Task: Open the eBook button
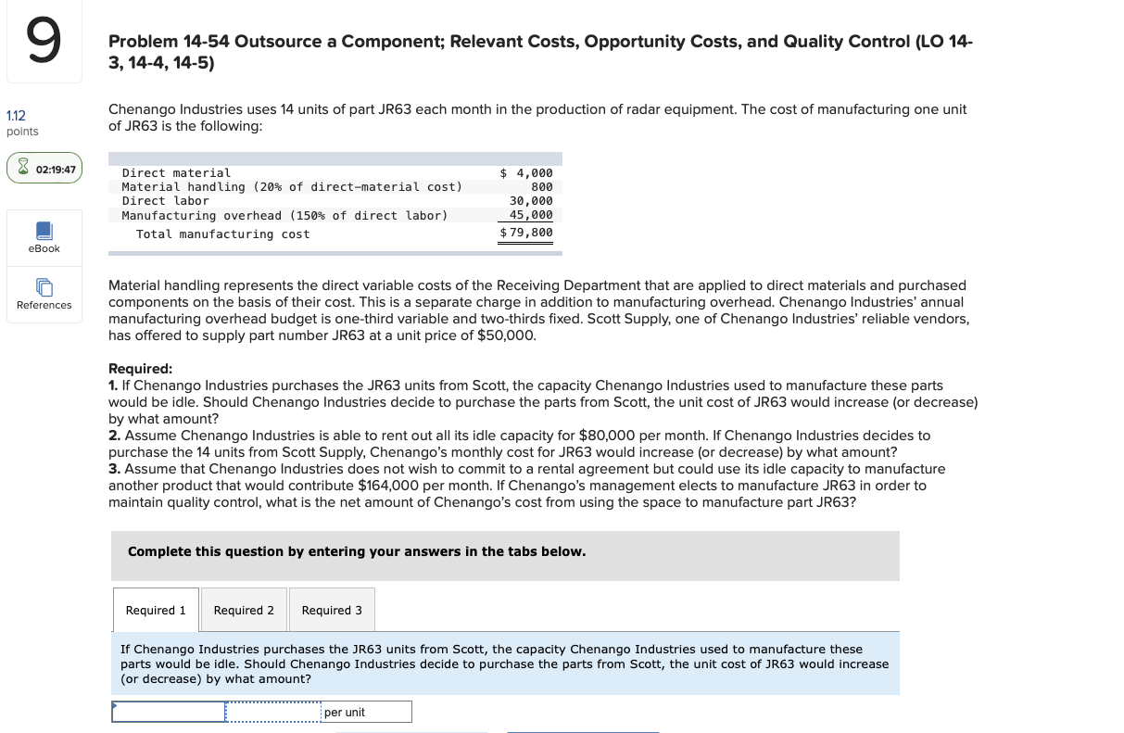pos(44,237)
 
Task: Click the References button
pos(44,294)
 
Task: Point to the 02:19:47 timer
pos(44,170)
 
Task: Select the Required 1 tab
pos(156,610)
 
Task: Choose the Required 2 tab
pos(244,610)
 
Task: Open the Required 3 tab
pos(332,610)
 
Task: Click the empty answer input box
pos(169,712)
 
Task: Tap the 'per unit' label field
pos(366,712)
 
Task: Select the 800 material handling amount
pos(542,186)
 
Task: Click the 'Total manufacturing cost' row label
pos(223,234)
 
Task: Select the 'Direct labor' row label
pos(166,200)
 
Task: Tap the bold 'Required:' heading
pos(140,368)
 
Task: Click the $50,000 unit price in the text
pos(504,335)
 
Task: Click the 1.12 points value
pos(16,116)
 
